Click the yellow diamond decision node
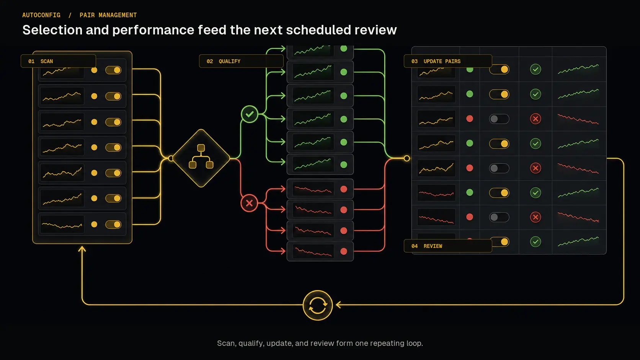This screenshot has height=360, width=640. tap(201, 158)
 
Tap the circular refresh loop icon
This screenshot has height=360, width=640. tap(317, 305)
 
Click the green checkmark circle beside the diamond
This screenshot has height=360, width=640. tap(250, 114)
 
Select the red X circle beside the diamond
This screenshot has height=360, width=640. tap(249, 203)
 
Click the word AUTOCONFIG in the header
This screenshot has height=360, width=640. tap(41, 15)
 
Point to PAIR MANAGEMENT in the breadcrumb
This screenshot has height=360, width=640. tap(108, 15)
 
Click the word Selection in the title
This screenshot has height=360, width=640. tap(52, 30)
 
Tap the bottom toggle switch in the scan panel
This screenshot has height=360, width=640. tap(113, 225)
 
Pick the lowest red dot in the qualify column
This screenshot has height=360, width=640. tap(344, 251)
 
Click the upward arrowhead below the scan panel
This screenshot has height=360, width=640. tap(82, 249)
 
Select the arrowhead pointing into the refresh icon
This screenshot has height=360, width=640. tap(339, 305)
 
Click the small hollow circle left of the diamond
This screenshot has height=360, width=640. tap(171, 158)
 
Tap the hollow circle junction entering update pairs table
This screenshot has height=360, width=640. tap(407, 158)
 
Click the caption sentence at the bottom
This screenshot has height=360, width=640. tap(320, 343)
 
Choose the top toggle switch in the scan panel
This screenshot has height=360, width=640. tap(113, 70)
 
